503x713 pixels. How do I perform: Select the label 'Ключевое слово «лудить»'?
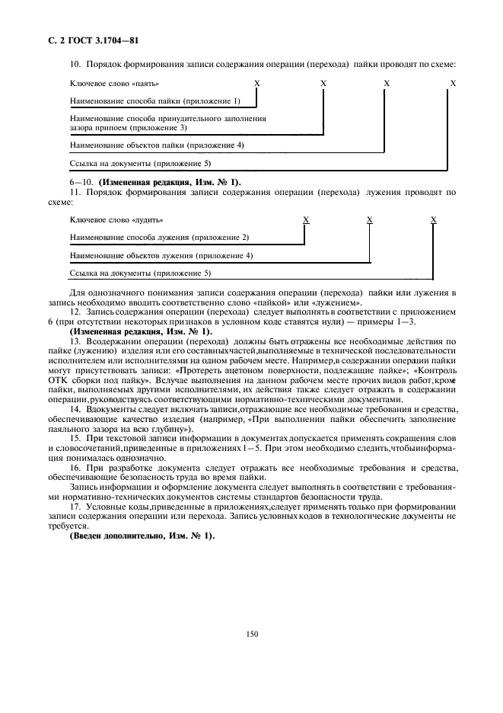tap(116, 219)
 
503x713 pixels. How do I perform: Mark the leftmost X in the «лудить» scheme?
tap(306, 219)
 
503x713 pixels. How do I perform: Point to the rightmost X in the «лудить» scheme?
tap(433, 219)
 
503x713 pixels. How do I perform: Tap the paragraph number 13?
tap(74, 342)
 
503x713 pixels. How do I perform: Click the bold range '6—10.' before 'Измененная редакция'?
tap(80, 182)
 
